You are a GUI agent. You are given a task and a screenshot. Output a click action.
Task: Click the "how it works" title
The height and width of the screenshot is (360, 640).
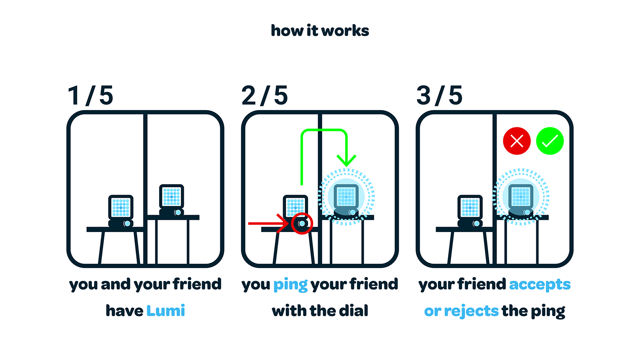[x=320, y=31]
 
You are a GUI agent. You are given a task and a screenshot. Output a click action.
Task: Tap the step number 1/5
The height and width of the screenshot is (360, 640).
[x=91, y=95]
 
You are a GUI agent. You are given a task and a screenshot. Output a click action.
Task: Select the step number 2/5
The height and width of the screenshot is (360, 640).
[x=265, y=95]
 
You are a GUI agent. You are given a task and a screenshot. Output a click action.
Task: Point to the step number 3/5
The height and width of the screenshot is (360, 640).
[x=439, y=95]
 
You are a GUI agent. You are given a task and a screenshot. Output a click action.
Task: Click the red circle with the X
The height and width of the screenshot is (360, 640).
[x=517, y=141]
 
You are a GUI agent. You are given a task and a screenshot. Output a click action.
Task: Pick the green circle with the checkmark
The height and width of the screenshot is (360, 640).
[x=550, y=141]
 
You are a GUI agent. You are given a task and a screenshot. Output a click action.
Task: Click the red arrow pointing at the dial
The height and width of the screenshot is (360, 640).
[x=269, y=223]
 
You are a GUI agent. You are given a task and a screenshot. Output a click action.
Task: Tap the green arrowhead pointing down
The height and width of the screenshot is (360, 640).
[x=347, y=160]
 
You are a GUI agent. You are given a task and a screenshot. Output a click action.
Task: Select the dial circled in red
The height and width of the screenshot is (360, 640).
[x=302, y=223]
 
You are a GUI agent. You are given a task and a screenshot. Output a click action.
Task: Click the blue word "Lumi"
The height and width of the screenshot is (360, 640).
[x=165, y=311]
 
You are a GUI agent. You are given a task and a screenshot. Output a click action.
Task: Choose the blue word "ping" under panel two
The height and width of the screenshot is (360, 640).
[x=290, y=285]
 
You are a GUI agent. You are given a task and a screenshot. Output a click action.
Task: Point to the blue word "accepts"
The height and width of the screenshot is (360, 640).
[x=540, y=285]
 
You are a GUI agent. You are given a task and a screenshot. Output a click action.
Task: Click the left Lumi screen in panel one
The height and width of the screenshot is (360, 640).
[x=121, y=207]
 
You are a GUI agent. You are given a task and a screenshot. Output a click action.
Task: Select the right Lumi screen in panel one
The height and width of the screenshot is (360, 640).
[x=171, y=197]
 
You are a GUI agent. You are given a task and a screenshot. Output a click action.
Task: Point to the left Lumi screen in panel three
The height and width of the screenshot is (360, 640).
[x=470, y=207]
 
